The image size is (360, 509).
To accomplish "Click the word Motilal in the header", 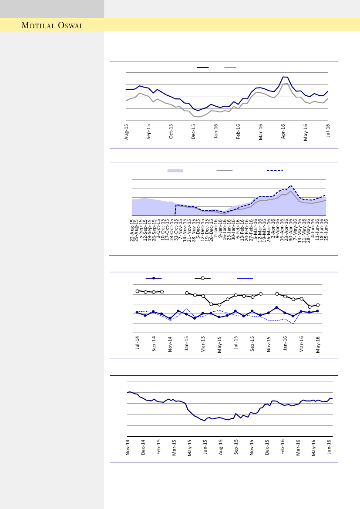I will [x=38, y=25].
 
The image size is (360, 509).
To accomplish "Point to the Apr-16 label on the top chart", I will [x=283, y=131].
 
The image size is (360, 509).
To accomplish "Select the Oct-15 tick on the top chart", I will [x=171, y=131].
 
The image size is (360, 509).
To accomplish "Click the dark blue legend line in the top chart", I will [x=202, y=67].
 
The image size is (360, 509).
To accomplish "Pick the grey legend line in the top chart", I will [x=230, y=67].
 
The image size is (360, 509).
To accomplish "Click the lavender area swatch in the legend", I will [x=175, y=171].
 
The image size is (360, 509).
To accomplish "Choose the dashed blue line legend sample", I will [x=275, y=171].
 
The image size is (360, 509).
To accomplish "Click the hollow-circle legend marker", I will [x=203, y=278].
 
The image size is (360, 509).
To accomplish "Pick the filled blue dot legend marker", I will [x=154, y=278].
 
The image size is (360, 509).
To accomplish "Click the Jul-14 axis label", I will [x=137, y=343].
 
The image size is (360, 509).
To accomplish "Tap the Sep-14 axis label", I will [x=154, y=343].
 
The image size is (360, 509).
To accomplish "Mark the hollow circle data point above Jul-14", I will [x=137, y=291].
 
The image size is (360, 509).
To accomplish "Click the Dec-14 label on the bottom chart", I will [x=143, y=448].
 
